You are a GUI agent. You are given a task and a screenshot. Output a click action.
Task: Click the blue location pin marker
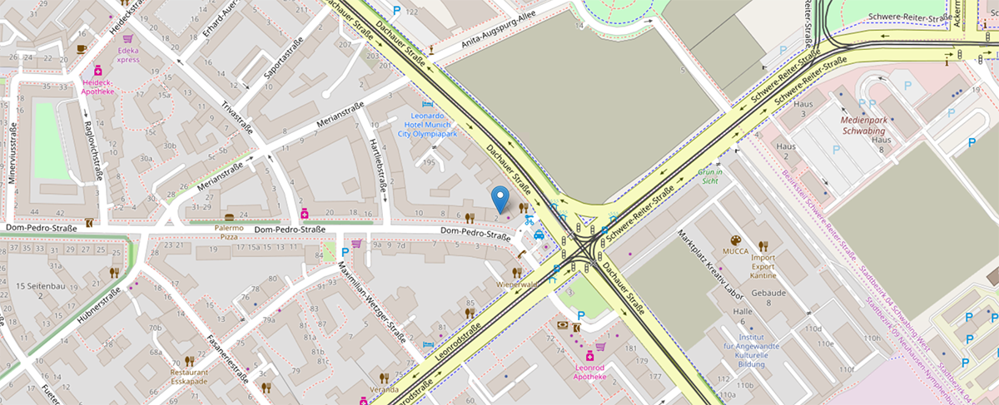click(x=499, y=198)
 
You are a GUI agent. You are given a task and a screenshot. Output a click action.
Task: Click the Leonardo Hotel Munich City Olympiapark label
click(x=427, y=124)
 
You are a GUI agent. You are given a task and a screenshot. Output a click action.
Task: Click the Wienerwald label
click(x=517, y=284)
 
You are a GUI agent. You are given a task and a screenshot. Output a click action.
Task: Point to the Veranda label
click(x=384, y=389)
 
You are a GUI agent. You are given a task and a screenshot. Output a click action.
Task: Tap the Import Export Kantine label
click(x=763, y=267)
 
